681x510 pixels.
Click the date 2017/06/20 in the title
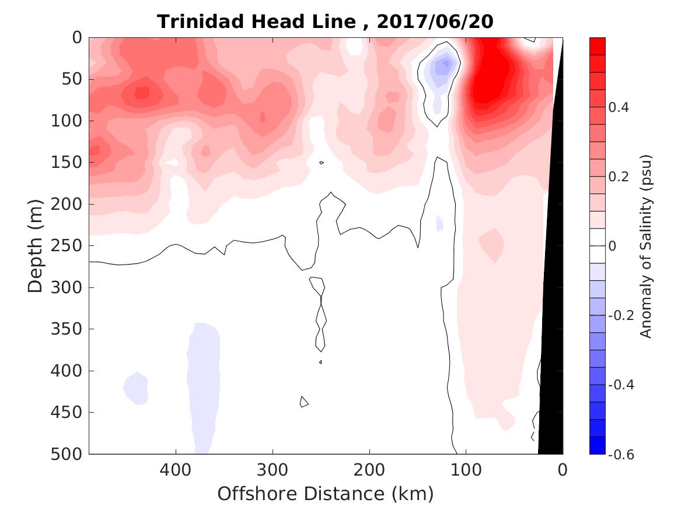click(x=435, y=22)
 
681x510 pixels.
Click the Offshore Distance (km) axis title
click(x=326, y=494)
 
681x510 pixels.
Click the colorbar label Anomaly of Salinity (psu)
click(x=645, y=246)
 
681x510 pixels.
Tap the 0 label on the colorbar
click(x=612, y=246)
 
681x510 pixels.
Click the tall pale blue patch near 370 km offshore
click(x=204, y=379)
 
